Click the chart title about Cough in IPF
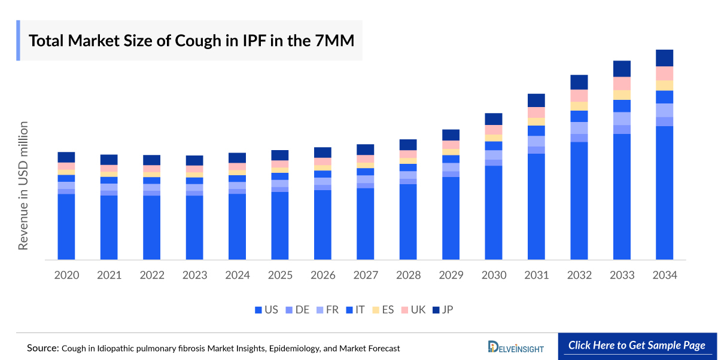point(191,41)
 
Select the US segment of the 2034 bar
point(665,193)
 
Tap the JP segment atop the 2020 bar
point(66,157)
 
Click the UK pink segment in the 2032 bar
point(579,96)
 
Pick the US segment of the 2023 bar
point(194,227)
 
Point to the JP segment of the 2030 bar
point(494,119)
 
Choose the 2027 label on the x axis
point(366,276)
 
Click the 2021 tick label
point(109,276)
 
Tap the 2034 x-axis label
point(665,276)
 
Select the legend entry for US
point(266,310)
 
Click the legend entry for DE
point(297,310)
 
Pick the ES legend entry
point(383,310)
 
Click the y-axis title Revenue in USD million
point(23,185)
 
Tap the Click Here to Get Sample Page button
point(637,346)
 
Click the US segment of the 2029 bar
point(451,218)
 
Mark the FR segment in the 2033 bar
point(622,118)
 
